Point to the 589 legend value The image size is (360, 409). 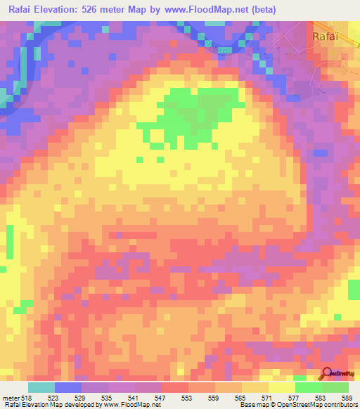(347, 397)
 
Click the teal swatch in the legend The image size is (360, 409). (41, 387)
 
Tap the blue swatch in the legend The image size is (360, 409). (68, 387)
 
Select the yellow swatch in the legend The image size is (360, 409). (281, 387)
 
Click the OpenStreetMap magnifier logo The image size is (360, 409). (326, 374)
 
